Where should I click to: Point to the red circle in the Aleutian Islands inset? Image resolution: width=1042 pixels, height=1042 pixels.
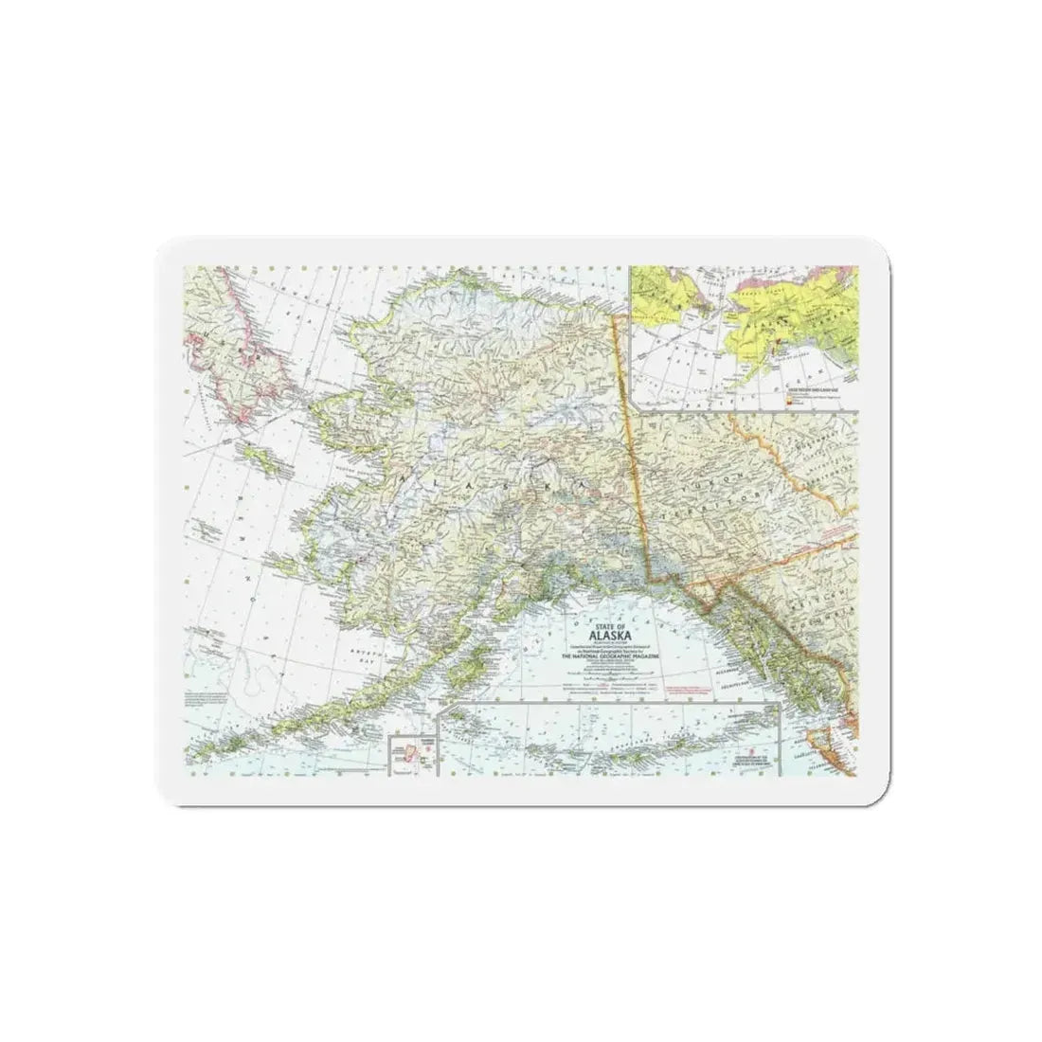(428, 748)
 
